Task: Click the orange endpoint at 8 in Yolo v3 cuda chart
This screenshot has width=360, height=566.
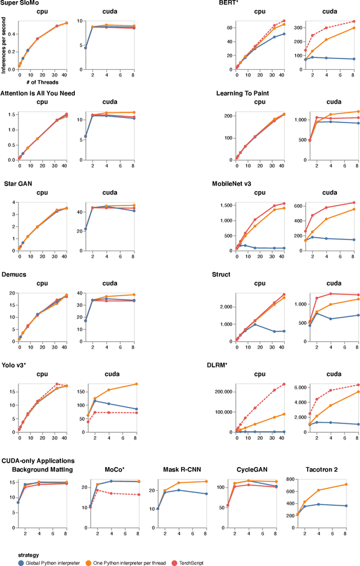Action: click(136, 384)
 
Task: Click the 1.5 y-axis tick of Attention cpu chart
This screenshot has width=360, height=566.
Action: click(11, 115)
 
